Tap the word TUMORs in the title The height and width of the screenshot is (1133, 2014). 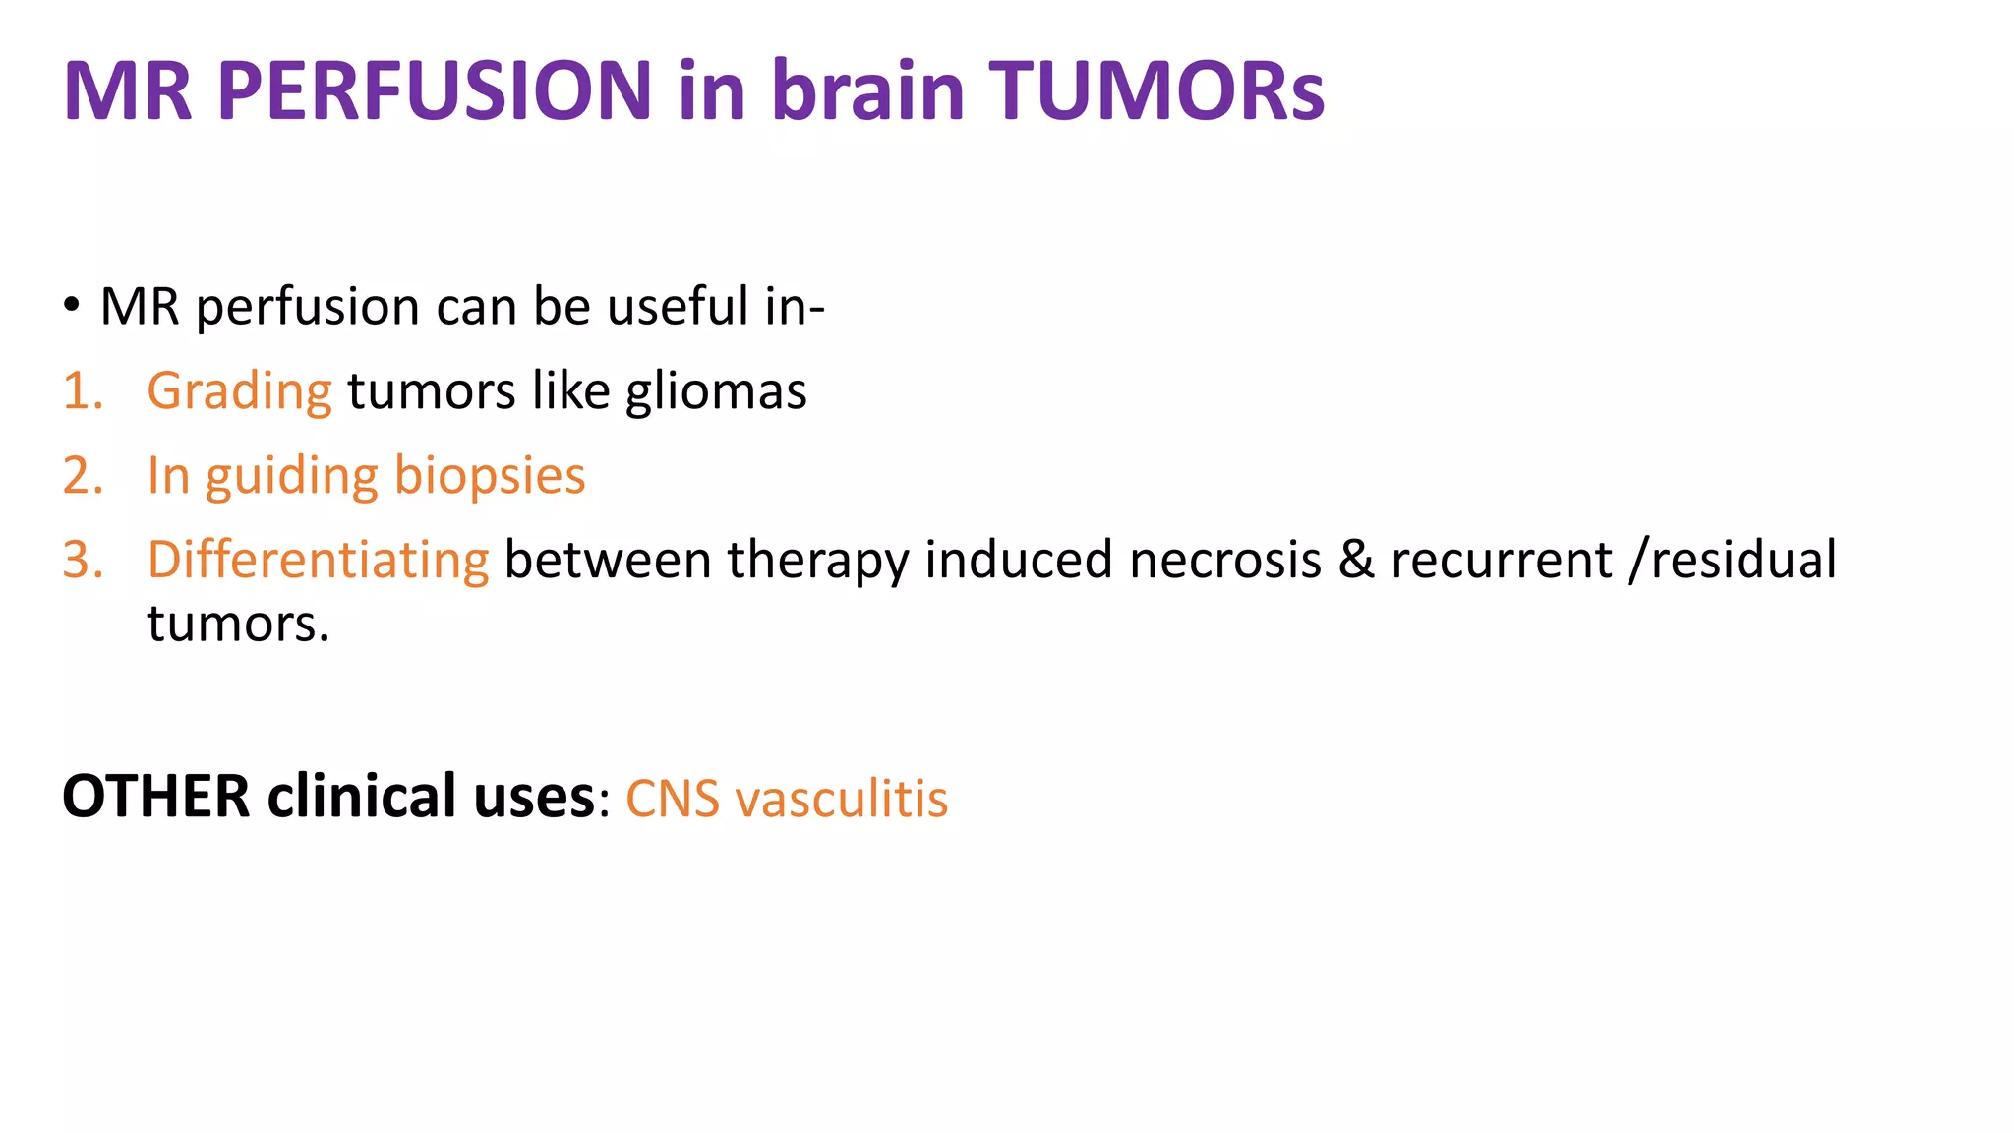pyautogui.click(x=1156, y=90)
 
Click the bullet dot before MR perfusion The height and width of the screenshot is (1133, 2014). pyautogui.click(x=71, y=305)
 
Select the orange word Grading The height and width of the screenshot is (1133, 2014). pyautogui.click(x=239, y=391)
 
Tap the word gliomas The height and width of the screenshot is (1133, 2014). pyautogui.click(x=716, y=391)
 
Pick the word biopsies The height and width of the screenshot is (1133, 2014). pyautogui.click(x=489, y=476)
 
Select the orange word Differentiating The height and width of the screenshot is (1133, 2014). pyautogui.click(x=318, y=561)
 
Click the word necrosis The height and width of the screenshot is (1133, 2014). pyautogui.click(x=1224, y=561)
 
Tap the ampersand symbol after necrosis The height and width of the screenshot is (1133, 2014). pyautogui.click(x=1356, y=560)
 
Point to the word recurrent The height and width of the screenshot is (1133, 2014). pyautogui.click(x=1501, y=561)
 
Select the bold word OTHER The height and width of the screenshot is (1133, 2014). pyautogui.click(x=155, y=796)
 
